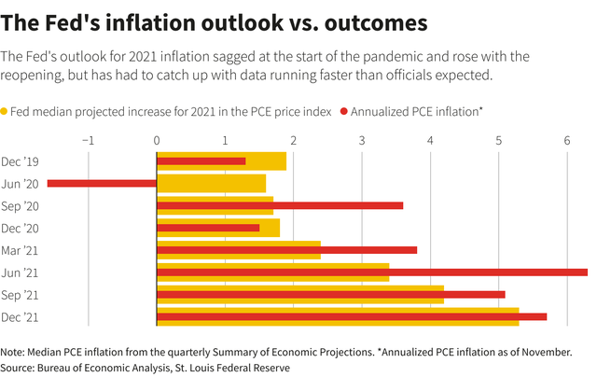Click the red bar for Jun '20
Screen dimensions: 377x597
[x=102, y=183]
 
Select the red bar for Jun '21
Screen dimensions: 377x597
[x=372, y=272]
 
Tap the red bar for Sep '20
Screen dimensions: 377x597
[x=280, y=205]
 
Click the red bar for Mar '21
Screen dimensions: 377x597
[x=286, y=250]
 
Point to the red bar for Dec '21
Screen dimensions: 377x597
[x=352, y=317]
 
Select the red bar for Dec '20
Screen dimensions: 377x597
[x=208, y=228]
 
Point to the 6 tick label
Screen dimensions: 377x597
[x=567, y=140]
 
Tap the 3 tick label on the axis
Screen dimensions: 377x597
[x=362, y=140]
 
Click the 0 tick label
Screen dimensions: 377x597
[x=157, y=140]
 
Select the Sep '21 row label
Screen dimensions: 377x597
[x=20, y=295]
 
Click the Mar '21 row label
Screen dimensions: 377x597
[x=20, y=250]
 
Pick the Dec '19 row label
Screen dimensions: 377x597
[x=20, y=161]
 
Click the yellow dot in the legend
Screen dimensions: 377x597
[x=5, y=111]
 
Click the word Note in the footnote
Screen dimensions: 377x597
[x=14, y=352]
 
